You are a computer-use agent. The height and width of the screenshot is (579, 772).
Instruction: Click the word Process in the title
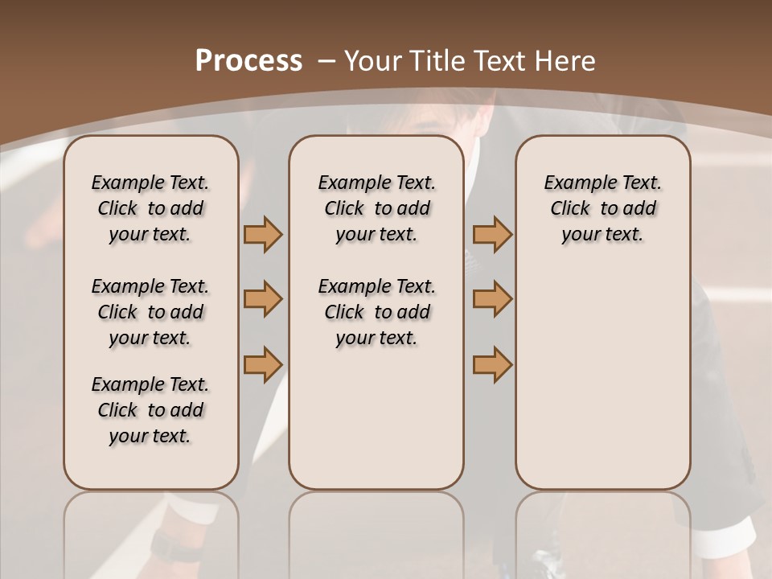(248, 61)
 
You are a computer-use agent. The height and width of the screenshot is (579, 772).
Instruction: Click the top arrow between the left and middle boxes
(263, 235)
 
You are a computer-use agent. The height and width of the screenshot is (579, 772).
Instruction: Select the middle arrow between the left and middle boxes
(263, 300)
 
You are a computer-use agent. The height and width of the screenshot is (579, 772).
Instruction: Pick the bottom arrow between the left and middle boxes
(263, 364)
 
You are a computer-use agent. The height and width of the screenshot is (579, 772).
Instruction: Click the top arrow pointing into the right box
(492, 235)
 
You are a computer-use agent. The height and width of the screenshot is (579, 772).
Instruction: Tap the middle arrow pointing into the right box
(492, 300)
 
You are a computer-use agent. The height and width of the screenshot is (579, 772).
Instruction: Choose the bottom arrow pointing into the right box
(492, 364)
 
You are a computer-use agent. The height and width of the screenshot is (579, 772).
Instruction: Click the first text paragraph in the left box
(150, 208)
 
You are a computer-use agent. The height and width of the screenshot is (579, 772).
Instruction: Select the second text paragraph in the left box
(150, 312)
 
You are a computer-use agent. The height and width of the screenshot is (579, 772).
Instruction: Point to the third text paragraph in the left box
(150, 410)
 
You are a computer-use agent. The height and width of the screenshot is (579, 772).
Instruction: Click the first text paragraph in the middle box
(376, 208)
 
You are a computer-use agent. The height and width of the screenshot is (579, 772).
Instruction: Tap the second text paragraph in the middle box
(376, 312)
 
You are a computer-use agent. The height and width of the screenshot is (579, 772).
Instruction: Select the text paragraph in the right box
(602, 208)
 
